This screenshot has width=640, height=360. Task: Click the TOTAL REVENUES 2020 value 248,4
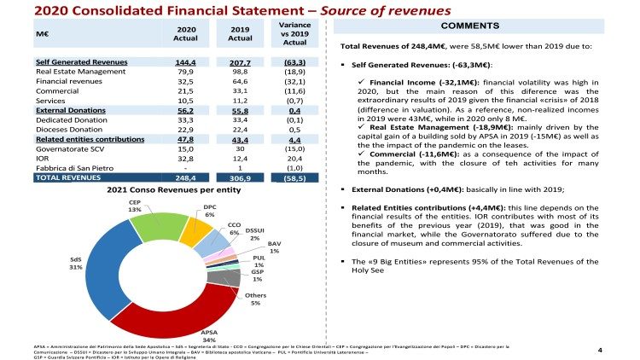point(185,178)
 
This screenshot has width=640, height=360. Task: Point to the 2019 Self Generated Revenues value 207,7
point(240,63)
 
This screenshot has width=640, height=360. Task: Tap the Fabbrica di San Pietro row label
point(71,168)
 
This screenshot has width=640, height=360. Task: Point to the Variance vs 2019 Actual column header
point(294,34)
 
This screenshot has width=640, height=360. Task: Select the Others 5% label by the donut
point(254,298)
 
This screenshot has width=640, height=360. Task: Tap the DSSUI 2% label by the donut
point(253,235)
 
